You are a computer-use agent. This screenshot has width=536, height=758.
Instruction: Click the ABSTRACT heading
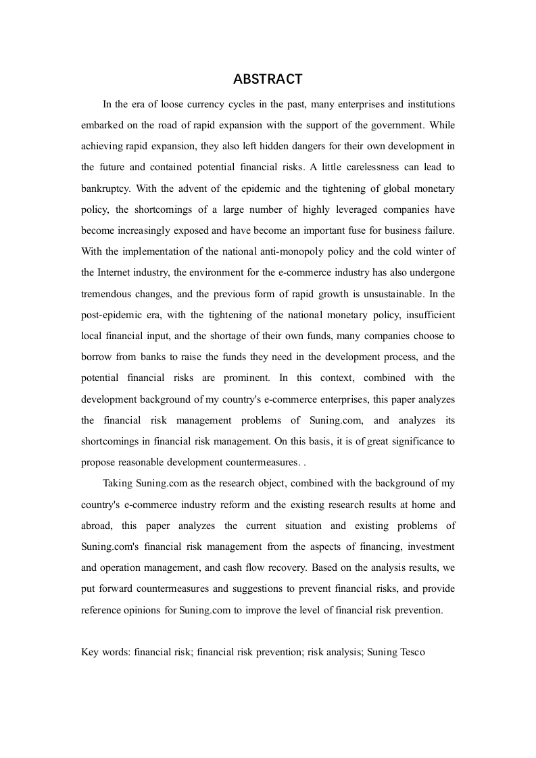pyautogui.click(x=268, y=80)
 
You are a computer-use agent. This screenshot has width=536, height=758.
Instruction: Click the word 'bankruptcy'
pyautogui.click(x=105, y=188)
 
